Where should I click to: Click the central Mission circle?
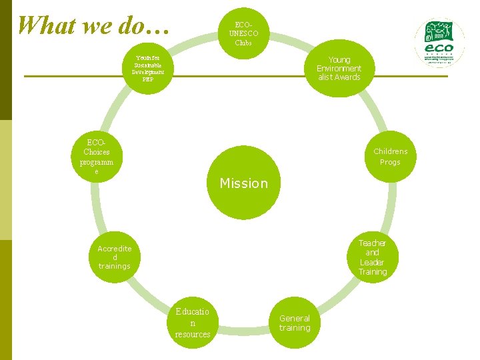pyautogui.click(x=243, y=183)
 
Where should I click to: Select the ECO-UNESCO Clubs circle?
pyautogui.click(x=243, y=30)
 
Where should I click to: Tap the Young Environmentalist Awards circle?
pyautogui.click(x=339, y=68)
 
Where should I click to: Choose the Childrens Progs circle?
pyautogui.click(x=390, y=157)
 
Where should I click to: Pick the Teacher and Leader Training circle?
pyautogui.click(x=372, y=257)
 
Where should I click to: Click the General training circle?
pyautogui.click(x=295, y=323)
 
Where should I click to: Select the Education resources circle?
pyautogui.click(x=193, y=323)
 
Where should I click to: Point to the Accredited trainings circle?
pyautogui.click(x=115, y=257)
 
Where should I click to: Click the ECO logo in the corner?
pyautogui.click(x=441, y=41)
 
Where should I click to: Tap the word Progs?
pyautogui.click(x=390, y=162)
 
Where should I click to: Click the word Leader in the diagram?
pyautogui.click(x=372, y=262)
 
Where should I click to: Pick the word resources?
pyautogui.click(x=193, y=334)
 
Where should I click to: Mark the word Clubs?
pyautogui.click(x=243, y=43)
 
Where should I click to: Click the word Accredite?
pyautogui.click(x=115, y=249)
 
